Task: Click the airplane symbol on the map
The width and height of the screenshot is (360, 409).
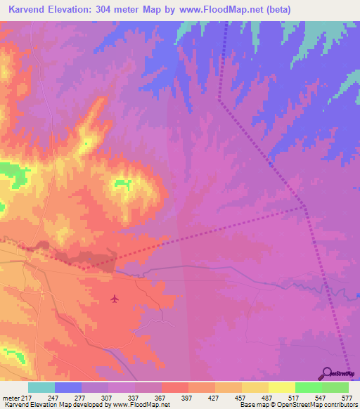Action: (x=115, y=299)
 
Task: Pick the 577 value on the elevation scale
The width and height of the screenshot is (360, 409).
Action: (x=347, y=397)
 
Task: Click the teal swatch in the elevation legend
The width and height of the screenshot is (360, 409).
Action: (x=41, y=387)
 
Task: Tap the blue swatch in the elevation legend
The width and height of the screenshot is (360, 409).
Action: (x=68, y=387)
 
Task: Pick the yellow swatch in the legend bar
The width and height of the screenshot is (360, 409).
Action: (x=281, y=387)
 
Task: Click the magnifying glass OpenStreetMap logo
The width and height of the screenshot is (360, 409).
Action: (x=328, y=374)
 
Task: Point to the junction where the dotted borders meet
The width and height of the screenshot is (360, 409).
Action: (x=304, y=207)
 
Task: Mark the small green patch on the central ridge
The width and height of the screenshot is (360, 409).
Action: (x=124, y=183)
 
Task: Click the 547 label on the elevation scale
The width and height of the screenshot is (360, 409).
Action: (x=321, y=397)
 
